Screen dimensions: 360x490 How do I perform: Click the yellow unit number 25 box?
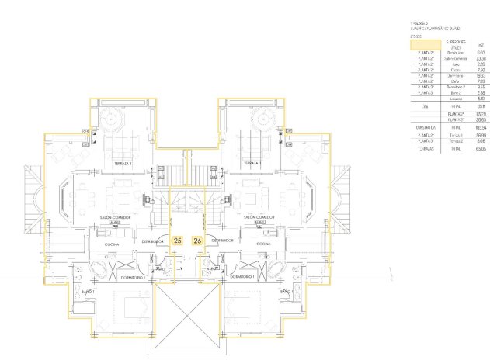pos(178,241)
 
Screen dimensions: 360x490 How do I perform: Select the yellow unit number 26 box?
pos(197,241)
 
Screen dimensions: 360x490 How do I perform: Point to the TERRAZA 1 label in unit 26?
pos(250,164)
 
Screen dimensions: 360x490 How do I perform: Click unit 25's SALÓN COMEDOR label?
pos(114,217)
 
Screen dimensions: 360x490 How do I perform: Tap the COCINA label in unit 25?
pos(112,244)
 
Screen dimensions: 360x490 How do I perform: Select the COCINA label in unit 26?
pos(263,244)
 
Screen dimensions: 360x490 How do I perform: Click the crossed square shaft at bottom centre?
pos(187,318)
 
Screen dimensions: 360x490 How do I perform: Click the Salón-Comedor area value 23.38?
pos(481,58)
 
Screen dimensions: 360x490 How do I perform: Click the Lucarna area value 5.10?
pos(481,99)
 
